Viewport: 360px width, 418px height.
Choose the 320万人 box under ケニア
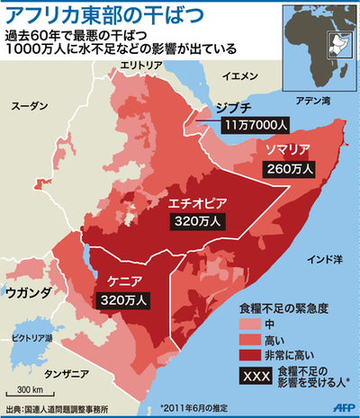click(120, 299)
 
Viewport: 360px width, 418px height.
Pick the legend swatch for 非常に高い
click(247, 355)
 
